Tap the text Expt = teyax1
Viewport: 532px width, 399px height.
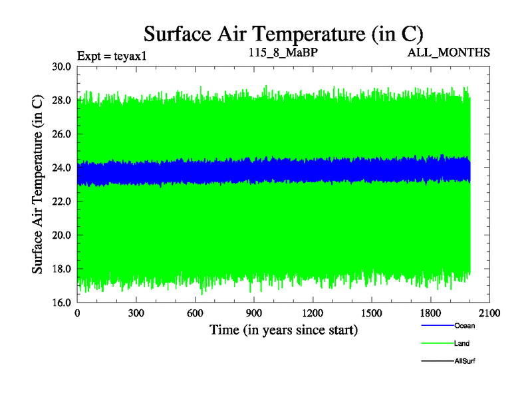click(111, 55)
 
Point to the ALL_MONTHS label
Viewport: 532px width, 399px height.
click(450, 52)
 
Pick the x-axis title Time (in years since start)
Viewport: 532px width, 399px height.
click(283, 329)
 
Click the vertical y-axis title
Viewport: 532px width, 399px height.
click(38, 184)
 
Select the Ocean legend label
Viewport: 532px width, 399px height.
click(465, 326)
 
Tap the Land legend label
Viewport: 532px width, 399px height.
click(462, 344)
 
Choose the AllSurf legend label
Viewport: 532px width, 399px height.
click(465, 361)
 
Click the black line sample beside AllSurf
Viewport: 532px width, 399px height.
click(437, 361)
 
